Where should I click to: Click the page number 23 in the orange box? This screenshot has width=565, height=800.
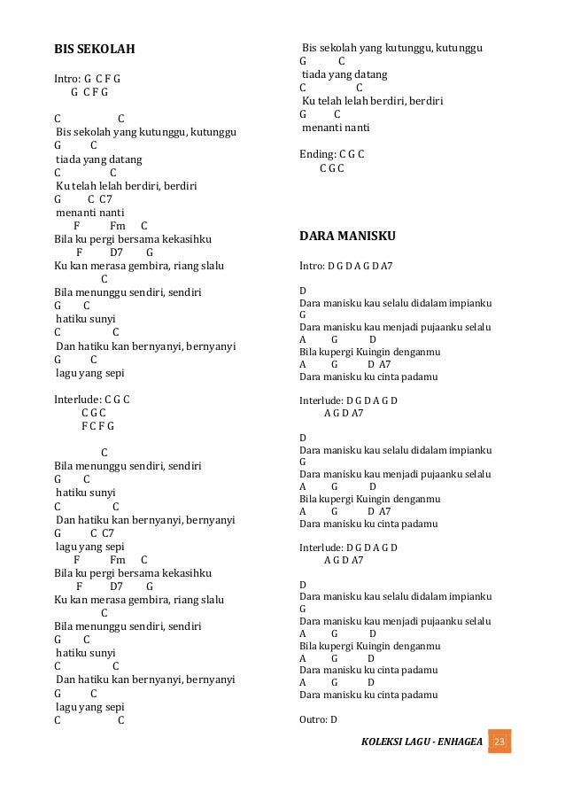499,741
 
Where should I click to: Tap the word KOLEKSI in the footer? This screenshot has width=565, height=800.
383,741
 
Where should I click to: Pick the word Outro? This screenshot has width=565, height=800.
313,719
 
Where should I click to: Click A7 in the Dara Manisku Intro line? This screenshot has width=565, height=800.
387,265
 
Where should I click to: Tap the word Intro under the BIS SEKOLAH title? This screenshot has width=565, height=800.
66,78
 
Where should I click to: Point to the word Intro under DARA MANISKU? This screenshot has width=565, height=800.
312,265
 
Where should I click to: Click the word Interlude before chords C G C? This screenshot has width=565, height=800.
76,399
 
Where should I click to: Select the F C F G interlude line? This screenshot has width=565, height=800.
97,425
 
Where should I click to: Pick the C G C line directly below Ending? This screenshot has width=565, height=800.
332,167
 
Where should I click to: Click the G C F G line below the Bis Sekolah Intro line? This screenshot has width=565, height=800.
89,91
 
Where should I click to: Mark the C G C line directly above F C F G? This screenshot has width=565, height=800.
94,412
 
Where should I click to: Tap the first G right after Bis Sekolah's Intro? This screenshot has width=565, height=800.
88,78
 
